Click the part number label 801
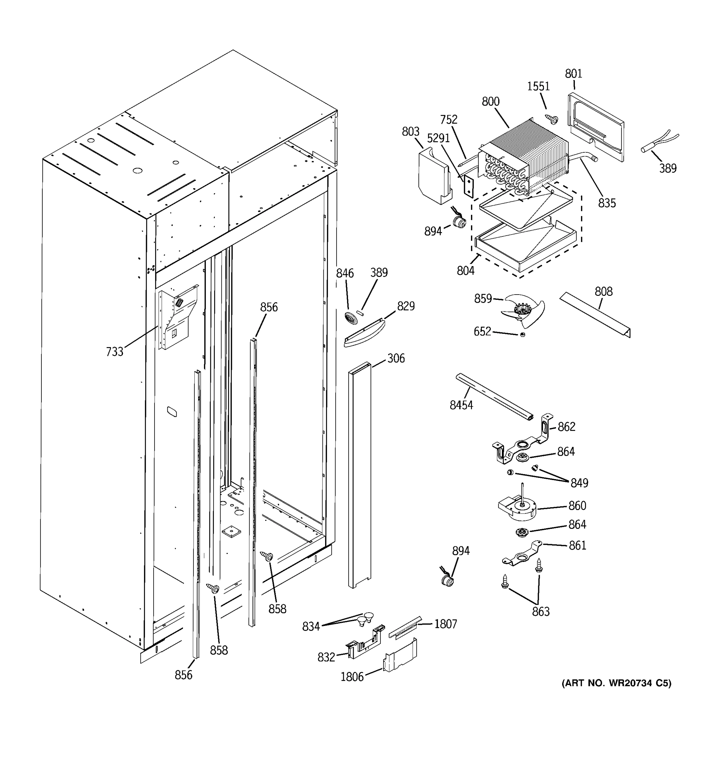coord(573,74)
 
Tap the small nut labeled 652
coord(522,335)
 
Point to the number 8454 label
coord(461,405)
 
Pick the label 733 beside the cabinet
coord(115,352)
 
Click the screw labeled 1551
coord(552,119)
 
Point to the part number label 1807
coord(445,624)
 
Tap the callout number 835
coord(607,203)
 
